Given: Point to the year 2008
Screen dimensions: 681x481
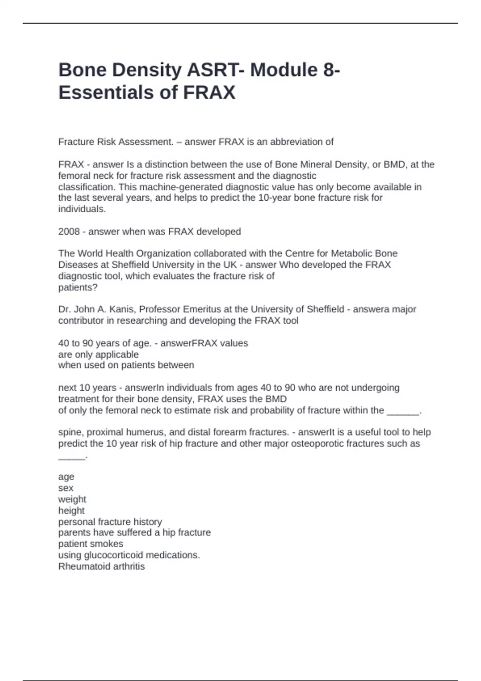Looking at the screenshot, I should pos(69,232).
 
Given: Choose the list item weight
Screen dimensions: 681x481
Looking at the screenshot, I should pos(72,499).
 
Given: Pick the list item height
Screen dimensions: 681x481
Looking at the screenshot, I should pos(71,510).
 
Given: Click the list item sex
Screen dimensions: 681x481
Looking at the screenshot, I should pos(66,488).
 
